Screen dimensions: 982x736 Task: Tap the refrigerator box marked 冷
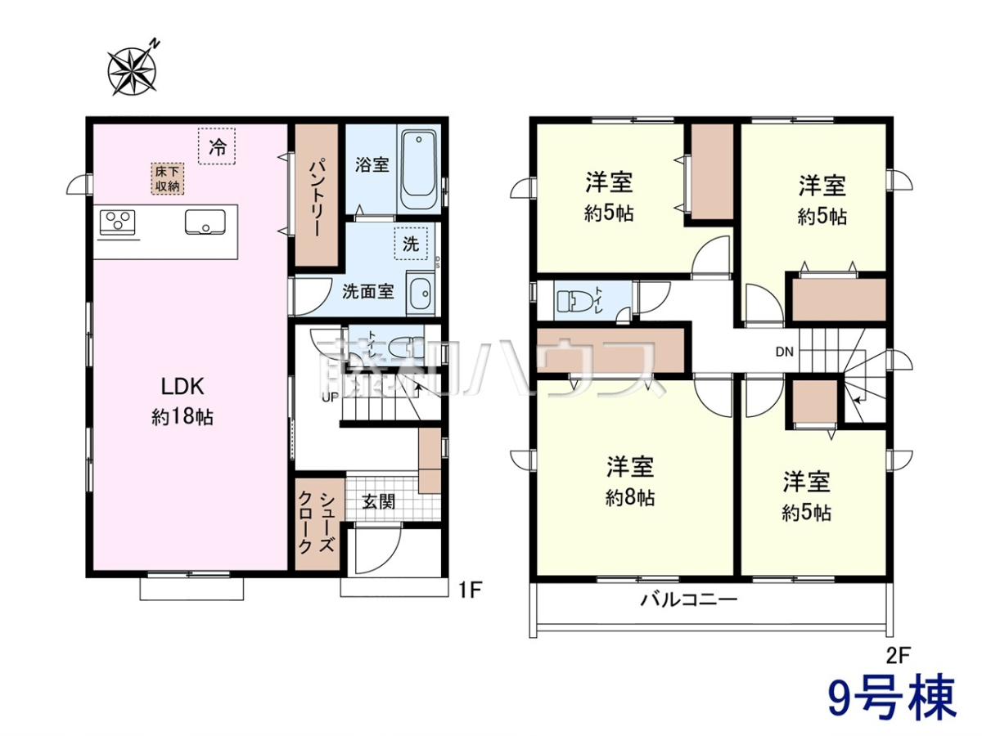pyautogui.click(x=217, y=146)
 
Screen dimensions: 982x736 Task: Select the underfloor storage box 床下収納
pyautogui.click(x=167, y=179)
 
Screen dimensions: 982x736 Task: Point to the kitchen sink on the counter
pyautogui.click(x=205, y=222)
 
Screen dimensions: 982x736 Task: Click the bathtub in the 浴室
pyautogui.click(x=418, y=169)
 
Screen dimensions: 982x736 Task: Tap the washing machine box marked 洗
pyautogui.click(x=411, y=244)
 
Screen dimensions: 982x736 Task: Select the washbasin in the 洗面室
pyautogui.click(x=421, y=293)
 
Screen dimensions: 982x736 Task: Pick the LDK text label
pyautogui.click(x=182, y=387)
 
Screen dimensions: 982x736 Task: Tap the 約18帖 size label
pyautogui.click(x=182, y=417)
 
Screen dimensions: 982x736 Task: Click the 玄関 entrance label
pyautogui.click(x=379, y=502)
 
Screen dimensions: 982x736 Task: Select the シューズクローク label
pyautogui.click(x=317, y=523)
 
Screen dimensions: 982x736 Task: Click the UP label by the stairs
pyautogui.click(x=331, y=397)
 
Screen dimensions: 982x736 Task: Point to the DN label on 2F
pyautogui.click(x=784, y=352)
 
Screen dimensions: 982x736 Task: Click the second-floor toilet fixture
pyautogui.click(x=572, y=302)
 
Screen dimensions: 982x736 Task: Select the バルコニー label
pyautogui.click(x=688, y=599)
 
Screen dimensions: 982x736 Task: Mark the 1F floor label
pyautogui.click(x=471, y=591)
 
